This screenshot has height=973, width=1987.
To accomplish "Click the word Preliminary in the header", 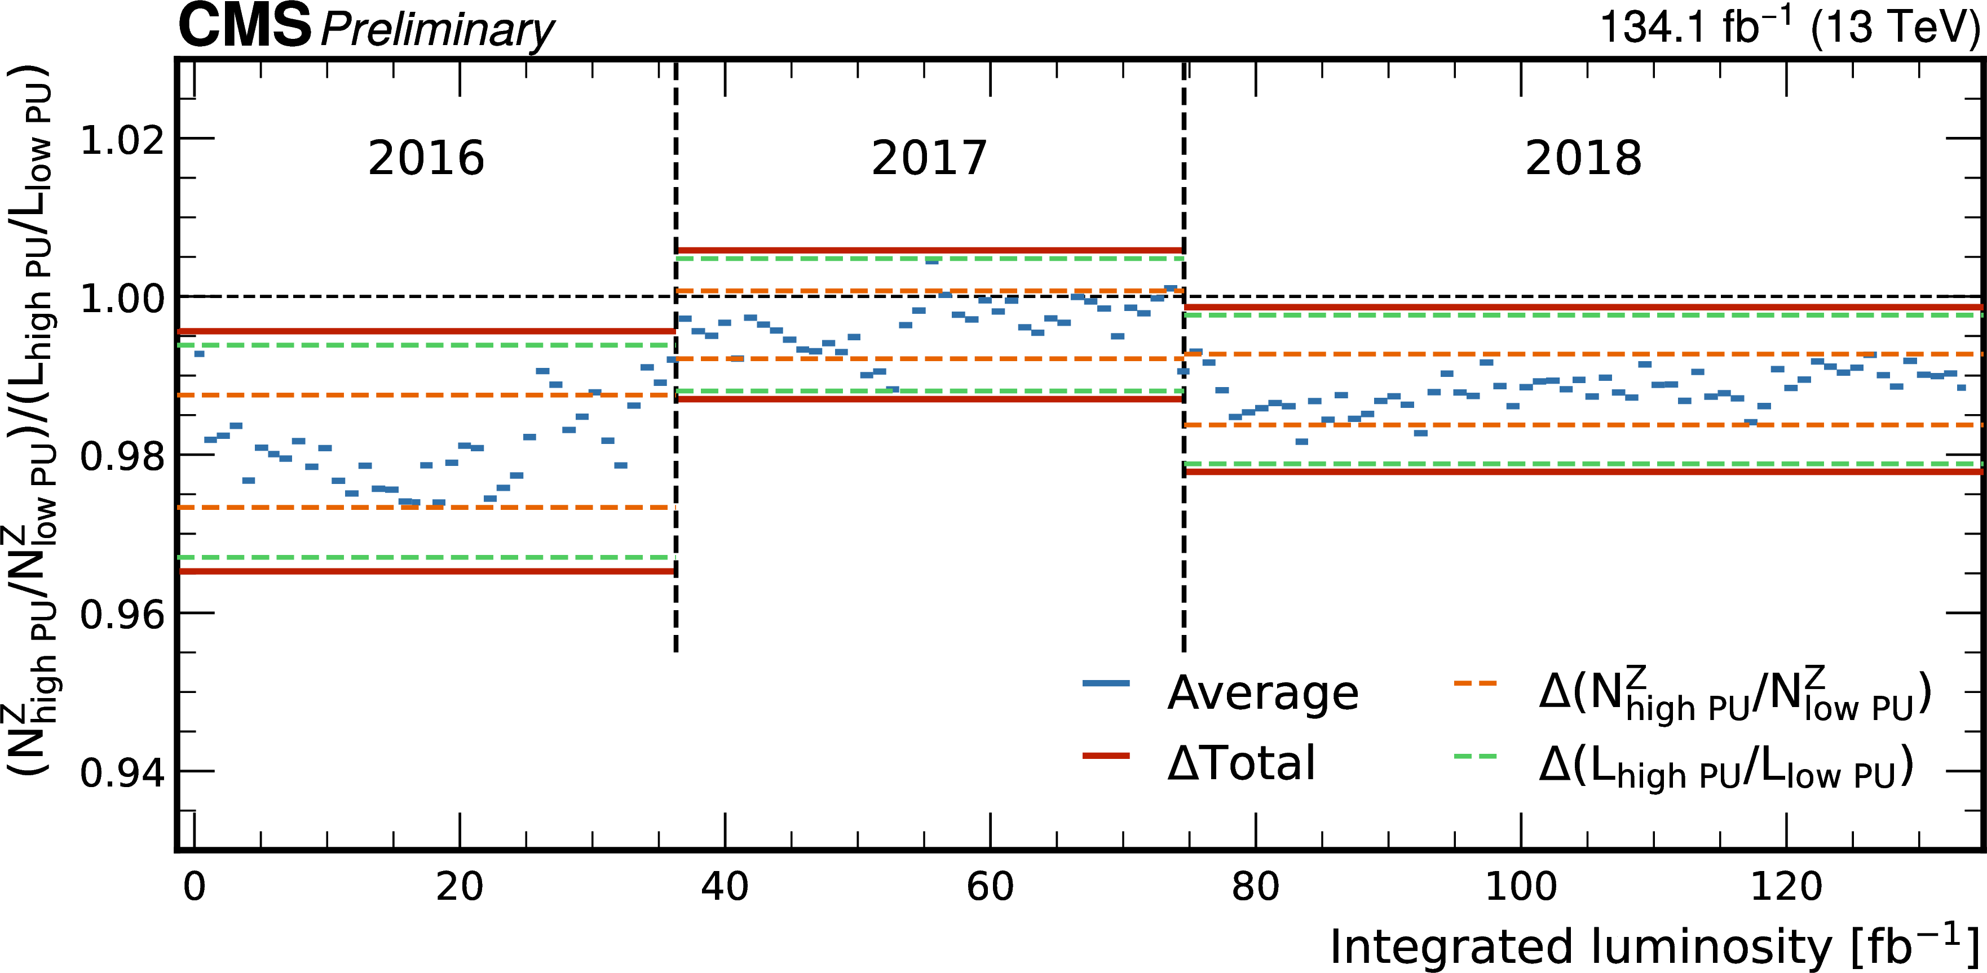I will click(436, 31).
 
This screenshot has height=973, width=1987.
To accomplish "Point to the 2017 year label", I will click(929, 158).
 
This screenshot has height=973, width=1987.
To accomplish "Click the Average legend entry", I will click(1262, 692).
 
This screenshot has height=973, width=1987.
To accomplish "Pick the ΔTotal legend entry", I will click(1240, 763).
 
